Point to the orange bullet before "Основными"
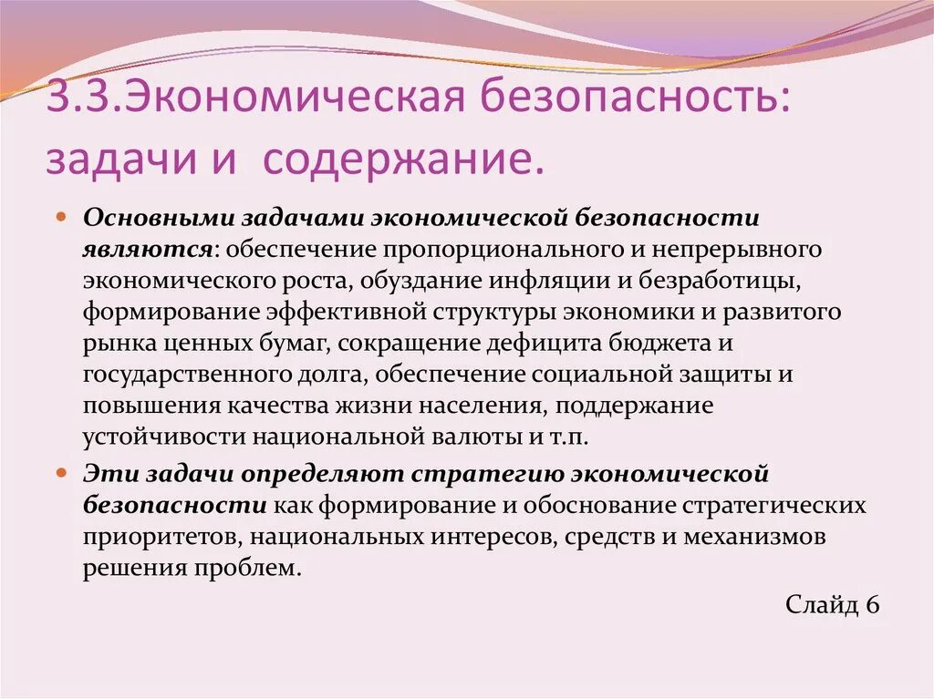[61, 219]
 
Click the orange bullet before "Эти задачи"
[61, 474]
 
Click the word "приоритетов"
[161, 537]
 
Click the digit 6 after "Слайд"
[872, 606]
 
